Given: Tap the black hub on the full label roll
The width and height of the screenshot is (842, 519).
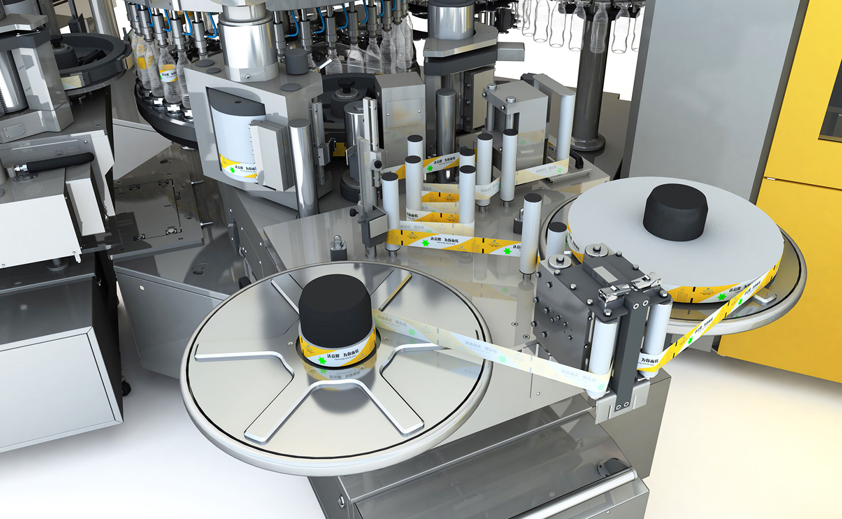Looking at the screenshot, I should coord(675,210).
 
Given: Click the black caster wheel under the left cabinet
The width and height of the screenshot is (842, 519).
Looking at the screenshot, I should coord(126,386).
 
